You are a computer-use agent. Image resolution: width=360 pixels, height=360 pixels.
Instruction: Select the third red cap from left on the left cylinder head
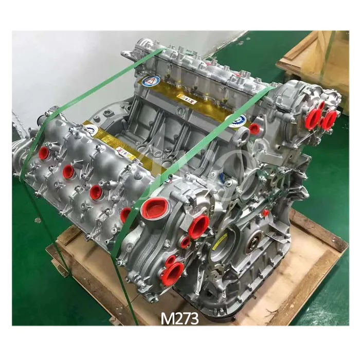click(x=96, y=192)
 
